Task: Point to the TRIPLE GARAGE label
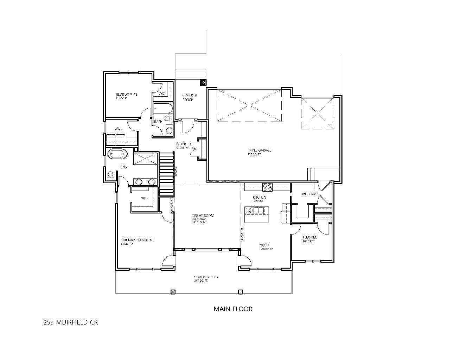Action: [x=259, y=150]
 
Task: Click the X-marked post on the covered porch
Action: [x=203, y=83]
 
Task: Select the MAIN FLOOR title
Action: [x=233, y=309]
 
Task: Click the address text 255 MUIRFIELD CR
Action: [x=70, y=322]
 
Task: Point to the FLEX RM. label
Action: [x=310, y=237]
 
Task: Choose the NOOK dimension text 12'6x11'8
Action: [x=266, y=249]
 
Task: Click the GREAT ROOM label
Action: [x=203, y=216]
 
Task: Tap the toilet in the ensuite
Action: [x=110, y=174]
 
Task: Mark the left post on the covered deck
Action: [x=173, y=292]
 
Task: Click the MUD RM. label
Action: [x=309, y=194]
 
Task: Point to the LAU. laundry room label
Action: [x=118, y=129]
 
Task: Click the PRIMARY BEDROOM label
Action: [x=137, y=240]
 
